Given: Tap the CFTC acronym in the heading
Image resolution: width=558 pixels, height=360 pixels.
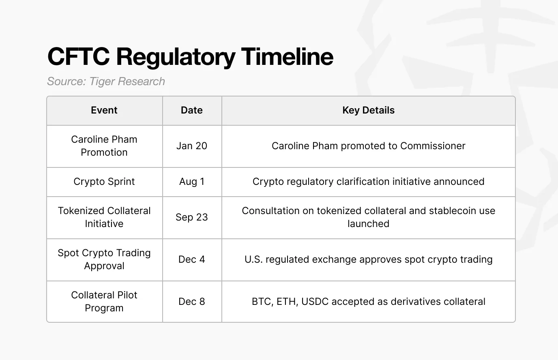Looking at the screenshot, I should [78, 56].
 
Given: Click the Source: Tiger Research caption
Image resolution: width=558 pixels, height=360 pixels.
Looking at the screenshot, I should [106, 81].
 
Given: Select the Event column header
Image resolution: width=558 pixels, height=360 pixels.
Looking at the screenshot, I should [104, 110].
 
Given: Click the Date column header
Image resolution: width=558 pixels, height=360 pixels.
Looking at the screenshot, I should [192, 110].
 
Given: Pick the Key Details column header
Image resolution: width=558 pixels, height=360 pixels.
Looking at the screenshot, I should [368, 110].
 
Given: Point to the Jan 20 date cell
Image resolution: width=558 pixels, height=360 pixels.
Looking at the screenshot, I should [192, 146].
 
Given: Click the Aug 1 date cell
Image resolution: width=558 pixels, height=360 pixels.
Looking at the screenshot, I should [192, 182].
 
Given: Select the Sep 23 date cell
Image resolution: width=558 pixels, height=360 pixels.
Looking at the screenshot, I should [192, 217].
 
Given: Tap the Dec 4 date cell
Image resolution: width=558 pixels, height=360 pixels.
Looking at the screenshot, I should [192, 259].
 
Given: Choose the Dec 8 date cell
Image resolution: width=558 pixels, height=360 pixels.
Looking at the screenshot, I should [192, 302].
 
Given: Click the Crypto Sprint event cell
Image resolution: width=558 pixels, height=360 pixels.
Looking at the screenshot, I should [104, 182].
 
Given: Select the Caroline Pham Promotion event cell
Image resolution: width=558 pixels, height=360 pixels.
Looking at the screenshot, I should [104, 146].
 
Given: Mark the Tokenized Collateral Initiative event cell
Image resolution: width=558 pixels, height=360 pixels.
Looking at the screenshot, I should [104, 217].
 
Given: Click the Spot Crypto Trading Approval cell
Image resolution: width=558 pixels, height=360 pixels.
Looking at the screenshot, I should [104, 259].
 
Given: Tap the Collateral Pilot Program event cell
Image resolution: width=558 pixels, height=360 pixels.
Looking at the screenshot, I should [104, 302].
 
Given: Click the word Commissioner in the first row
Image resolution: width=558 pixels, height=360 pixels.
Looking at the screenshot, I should [433, 146].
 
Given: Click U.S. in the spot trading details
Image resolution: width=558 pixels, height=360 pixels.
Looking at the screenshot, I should [253, 259].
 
